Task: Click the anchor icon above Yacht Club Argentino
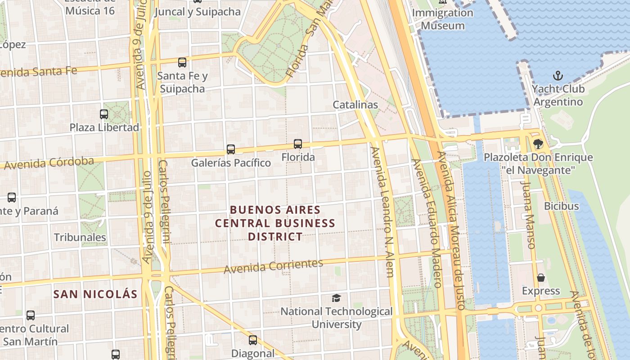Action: coord(558,76)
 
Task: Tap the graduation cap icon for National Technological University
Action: coord(336,298)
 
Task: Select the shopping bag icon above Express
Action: coord(541,278)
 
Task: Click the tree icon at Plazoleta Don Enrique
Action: coord(538,144)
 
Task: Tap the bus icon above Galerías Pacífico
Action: coord(231,149)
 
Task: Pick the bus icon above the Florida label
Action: coord(298,144)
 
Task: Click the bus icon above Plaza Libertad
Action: coord(104,114)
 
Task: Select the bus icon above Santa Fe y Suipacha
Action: coord(182,63)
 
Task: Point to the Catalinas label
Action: coord(355,104)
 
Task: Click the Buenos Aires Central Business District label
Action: coord(275,223)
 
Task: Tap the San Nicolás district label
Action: coord(95,294)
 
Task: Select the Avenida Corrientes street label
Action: coord(274,266)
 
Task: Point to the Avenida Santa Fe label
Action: coord(39,72)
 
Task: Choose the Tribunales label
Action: coord(80,237)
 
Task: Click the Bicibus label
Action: coord(562,206)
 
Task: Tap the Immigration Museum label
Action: coord(443,19)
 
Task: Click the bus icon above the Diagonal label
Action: coord(253,340)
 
